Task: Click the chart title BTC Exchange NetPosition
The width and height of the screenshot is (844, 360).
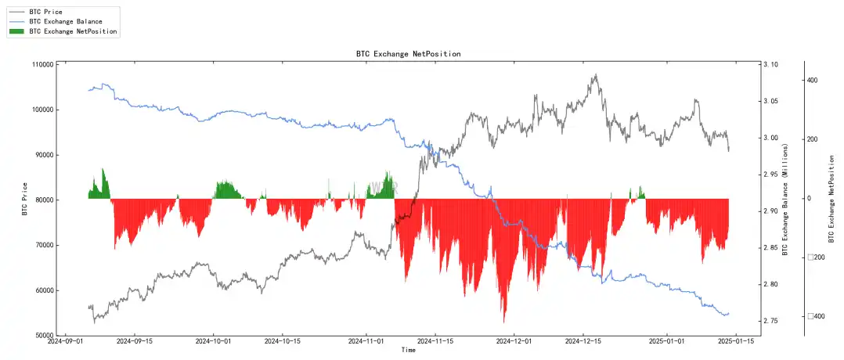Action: (408, 54)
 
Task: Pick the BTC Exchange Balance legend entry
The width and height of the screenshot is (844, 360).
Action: (66, 21)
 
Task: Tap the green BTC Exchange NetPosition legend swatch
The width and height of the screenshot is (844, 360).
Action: (16, 31)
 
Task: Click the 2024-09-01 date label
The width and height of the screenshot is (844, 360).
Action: (67, 342)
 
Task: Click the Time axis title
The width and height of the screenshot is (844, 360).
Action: (408, 351)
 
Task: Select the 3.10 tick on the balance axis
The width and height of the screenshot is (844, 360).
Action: (770, 64)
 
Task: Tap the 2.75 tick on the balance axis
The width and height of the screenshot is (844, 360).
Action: (770, 321)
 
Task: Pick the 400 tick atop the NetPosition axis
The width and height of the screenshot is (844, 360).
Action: (812, 81)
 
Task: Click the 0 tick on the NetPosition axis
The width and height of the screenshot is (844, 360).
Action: (809, 199)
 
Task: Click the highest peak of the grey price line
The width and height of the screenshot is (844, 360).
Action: (596, 75)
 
